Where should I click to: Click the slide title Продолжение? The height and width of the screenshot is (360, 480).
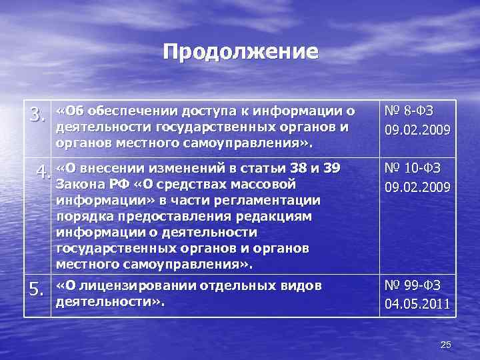click(241, 52)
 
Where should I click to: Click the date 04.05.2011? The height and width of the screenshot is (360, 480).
click(417, 305)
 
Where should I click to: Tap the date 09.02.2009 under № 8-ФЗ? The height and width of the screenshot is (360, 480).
click(417, 129)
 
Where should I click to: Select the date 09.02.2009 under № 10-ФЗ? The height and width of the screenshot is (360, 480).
click(417, 187)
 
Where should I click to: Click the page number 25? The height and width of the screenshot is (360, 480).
click(446, 345)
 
